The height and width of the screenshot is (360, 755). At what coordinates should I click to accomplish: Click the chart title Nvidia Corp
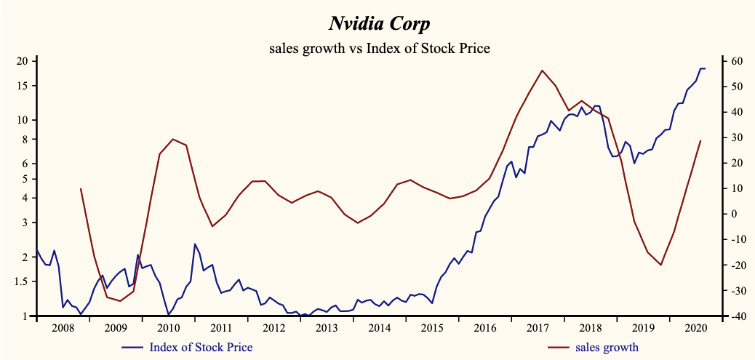click(379, 24)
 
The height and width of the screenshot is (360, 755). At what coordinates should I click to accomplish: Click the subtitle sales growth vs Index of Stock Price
click(379, 49)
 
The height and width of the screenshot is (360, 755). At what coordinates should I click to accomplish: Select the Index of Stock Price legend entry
click(201, 347)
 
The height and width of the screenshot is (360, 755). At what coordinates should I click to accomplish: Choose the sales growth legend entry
click(607, 347)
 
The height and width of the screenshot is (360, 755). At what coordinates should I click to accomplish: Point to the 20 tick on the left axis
click(22, 61)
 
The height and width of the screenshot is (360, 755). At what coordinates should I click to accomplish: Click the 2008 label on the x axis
click(63, 327)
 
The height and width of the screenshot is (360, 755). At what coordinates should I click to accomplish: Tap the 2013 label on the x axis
click(327, 327)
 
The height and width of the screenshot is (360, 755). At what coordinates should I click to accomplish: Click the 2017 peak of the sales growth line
click(542, 71)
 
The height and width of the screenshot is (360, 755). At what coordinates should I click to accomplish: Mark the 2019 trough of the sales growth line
click(660, 265)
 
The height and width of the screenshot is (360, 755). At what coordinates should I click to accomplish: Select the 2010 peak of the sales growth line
click(172, 139)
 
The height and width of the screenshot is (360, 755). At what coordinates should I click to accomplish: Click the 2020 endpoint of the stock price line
click(704, 68)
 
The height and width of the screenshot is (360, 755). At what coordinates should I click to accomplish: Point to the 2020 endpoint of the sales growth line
click(700, 141)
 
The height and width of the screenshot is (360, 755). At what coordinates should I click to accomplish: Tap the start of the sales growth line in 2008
click(81, 188)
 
